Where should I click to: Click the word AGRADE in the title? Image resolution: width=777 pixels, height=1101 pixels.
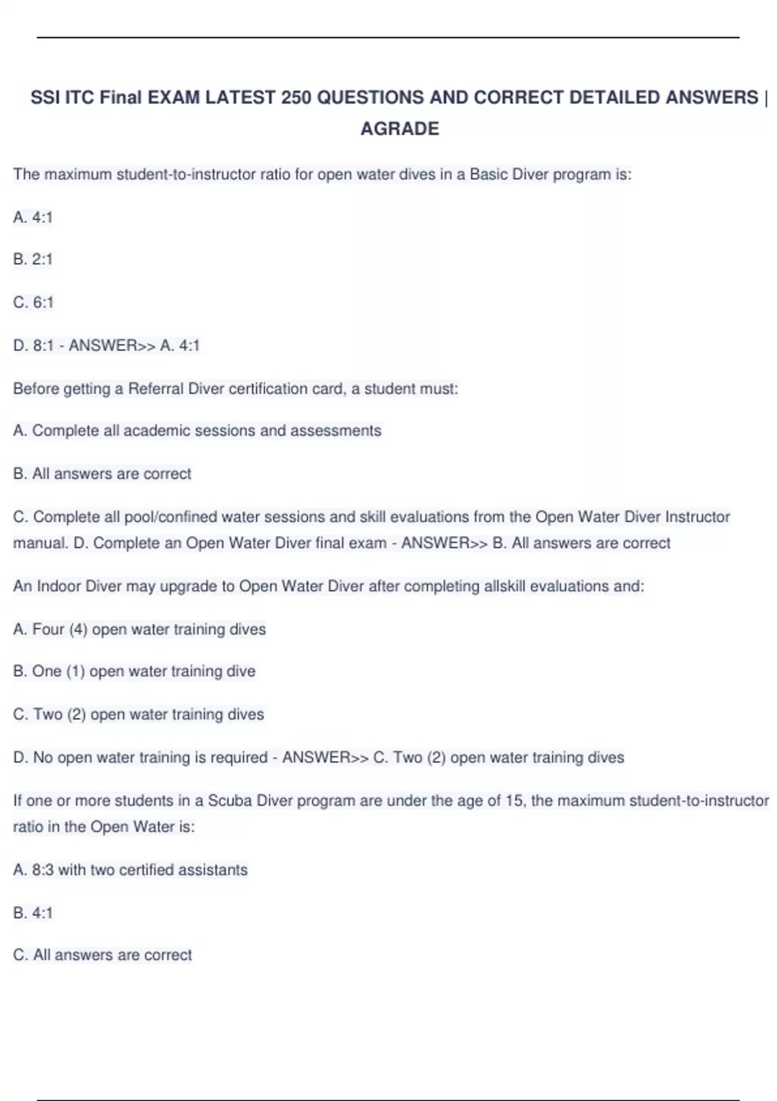pyautogui.click(x=400, y=129)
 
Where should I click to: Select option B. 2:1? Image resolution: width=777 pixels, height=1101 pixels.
pyautogui.click(x=33, y=260)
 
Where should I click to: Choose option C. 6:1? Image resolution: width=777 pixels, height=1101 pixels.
pyautogui.click(x=34, y=302)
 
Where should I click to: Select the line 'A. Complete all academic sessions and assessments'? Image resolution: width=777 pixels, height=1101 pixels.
pyautogui.click(x=197, y=431)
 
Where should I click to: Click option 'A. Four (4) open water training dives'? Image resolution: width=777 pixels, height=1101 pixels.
pyautogui.click(x=139, y=630)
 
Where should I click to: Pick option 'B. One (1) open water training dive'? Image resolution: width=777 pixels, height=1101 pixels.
pyautogui.click(x=134, y=672)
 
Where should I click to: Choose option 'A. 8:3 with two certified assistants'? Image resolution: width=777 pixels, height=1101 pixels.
pyautogui.click(x=130, y=870)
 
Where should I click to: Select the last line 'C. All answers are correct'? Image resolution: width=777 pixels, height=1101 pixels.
pyautogui.click(x=102, y=955)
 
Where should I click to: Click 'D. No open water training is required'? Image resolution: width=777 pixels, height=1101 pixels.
pyautogui.click(x=141, y=758)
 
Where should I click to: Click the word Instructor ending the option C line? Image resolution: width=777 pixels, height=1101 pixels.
pyautogui.click(x=697, y=517)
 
